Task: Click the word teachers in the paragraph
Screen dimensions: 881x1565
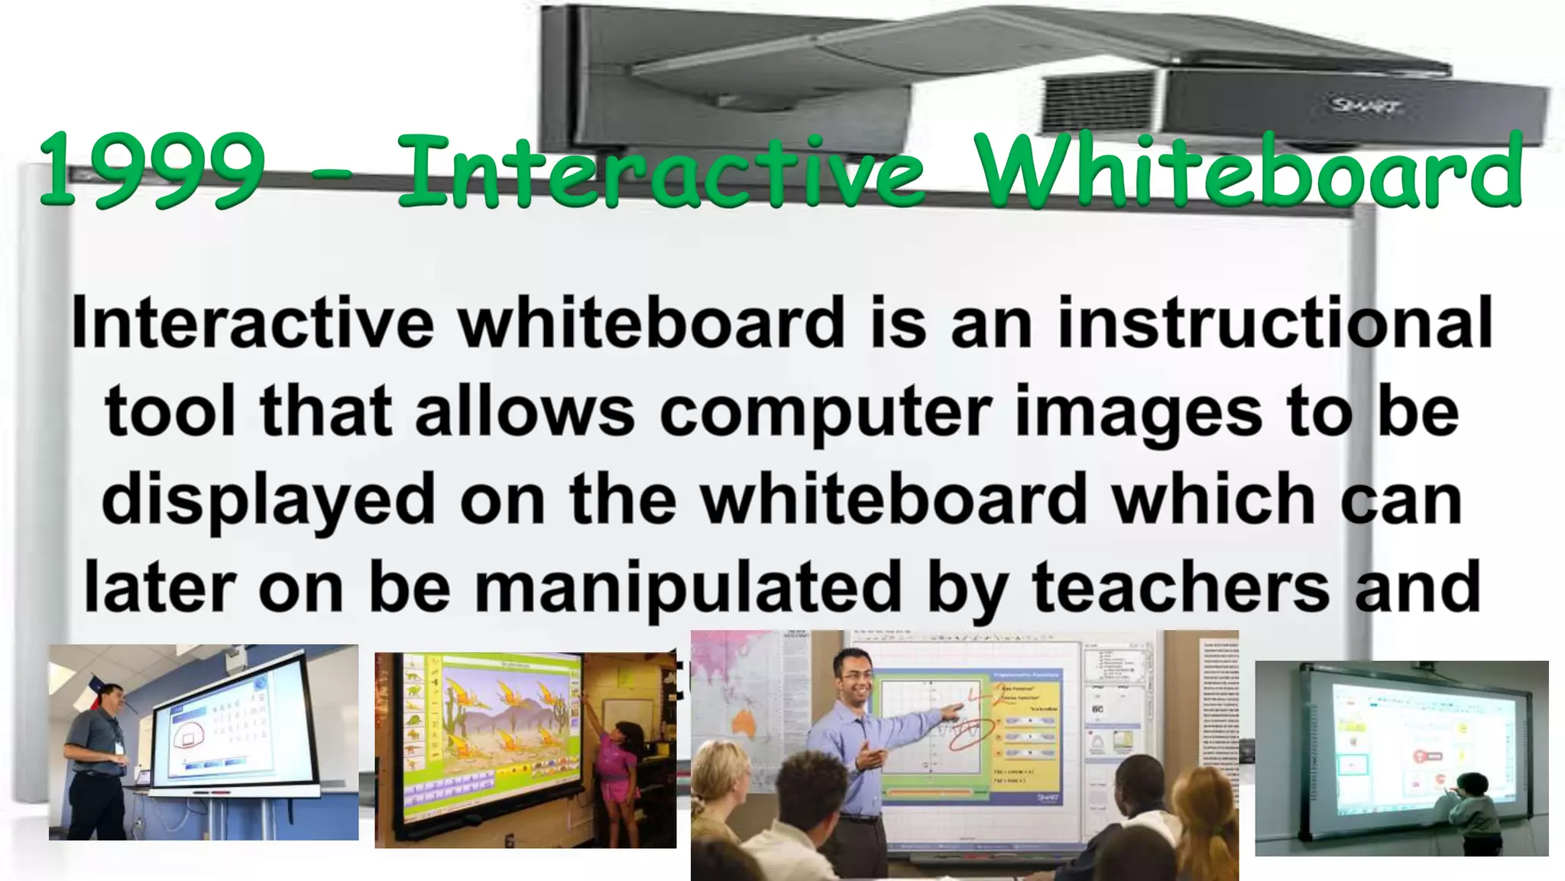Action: [x=1180, y=588]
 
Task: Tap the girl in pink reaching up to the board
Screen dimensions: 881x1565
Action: [x=619, y=765]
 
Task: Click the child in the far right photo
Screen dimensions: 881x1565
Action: [x=1471, y=811]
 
